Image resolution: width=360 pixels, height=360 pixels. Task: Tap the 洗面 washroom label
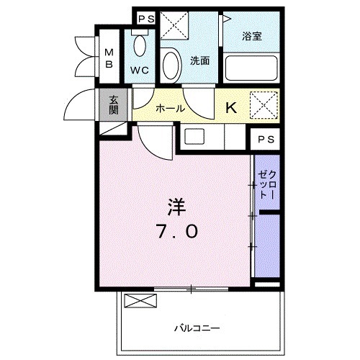tap(199, 61)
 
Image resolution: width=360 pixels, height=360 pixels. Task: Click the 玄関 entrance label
tap(114, 104)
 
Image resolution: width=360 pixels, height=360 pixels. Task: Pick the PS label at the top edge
tap(146, 18)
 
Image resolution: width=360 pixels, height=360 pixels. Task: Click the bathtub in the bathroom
tap(251, 69)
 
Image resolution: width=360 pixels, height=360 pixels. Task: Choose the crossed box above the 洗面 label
tap(174, 27)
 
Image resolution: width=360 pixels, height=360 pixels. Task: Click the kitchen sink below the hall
tap(195, 136)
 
